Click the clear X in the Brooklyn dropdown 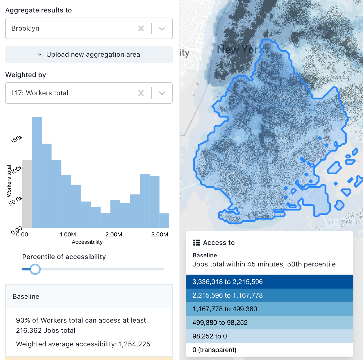click(x=141, y=28)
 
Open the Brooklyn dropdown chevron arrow click(x=162, y=28)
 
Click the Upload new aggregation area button click(x=89, y=54)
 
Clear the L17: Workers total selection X click(x=141, y=93)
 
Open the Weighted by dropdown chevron click(x=162, y=93)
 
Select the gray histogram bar click(x=27, y=194)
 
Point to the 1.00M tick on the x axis click(x=68, y=234)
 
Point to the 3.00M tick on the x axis click(x=160, y=234)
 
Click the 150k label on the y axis click(x=16, y=139)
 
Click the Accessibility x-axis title click(x=87, y=242)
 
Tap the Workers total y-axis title click(x=9, y=181)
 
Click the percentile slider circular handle click(x=35, y=269)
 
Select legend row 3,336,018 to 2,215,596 click(x=269, y=282)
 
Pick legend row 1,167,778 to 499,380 click(x=269, y=309)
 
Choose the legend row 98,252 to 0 click(x=269, y=336)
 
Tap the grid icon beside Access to click(x=197, y=243)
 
